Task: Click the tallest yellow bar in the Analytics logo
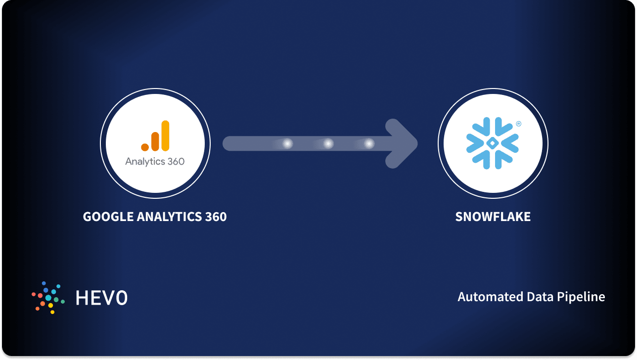[165, 135]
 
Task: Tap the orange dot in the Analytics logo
[145, 147]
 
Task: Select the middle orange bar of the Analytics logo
[155, 141]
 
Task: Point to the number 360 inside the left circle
[174, 162]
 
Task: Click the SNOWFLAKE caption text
[493, 217]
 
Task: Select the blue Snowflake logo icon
[493, 143]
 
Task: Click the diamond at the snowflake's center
[493, 143]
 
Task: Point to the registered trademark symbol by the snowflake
[518, 124]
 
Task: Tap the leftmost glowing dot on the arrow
[287, 143]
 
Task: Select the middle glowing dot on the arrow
[328, 143]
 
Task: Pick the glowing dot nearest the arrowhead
[369, 143]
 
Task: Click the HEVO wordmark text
[101, 298]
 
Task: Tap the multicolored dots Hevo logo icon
[48, 297]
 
